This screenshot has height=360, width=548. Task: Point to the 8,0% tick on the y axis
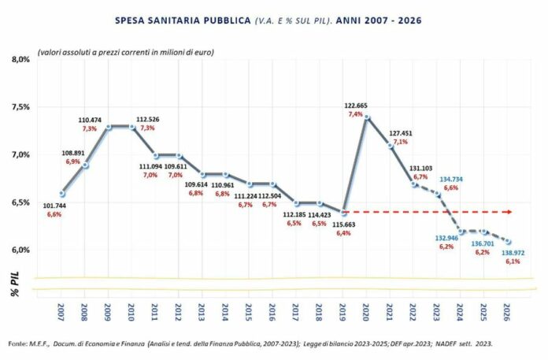[x=20, y=59]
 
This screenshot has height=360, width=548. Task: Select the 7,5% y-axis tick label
[x=20, y=107]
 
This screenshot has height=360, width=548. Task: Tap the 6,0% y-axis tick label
[x=20, y=250]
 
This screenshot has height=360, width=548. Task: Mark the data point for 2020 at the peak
[x=367, y=117]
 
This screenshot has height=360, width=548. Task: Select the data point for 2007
[x=63, y=193]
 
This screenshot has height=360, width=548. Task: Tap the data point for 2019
[x=344, y=212]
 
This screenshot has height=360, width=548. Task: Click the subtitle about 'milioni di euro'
[x=113, y=51]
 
